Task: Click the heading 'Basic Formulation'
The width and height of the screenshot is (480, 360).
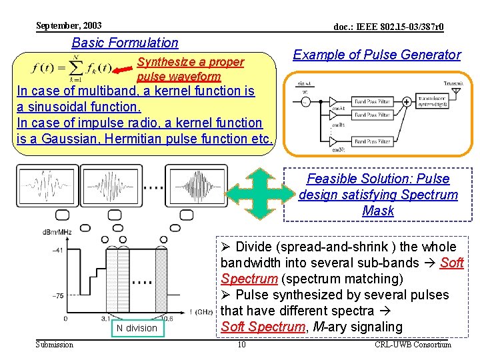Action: point(125,43)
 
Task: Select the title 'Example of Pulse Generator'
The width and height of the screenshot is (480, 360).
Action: point(377,55)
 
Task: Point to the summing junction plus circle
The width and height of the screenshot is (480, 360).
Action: point(406,102)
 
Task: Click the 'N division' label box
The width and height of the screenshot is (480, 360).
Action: point(136,328)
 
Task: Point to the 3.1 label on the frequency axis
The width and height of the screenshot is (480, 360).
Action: point(107,318)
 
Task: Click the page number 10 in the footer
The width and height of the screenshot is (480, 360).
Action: point(242,344)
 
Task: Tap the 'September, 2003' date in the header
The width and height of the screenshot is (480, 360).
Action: point(69,25)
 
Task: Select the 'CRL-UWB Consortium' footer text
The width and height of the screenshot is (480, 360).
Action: point(413,344)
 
